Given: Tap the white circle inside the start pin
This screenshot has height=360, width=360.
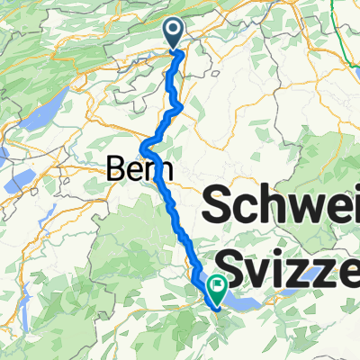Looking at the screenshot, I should (175, 31).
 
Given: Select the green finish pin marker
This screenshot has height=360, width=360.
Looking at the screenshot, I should (217, 289).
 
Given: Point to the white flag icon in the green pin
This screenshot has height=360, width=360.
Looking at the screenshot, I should (217, 285).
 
